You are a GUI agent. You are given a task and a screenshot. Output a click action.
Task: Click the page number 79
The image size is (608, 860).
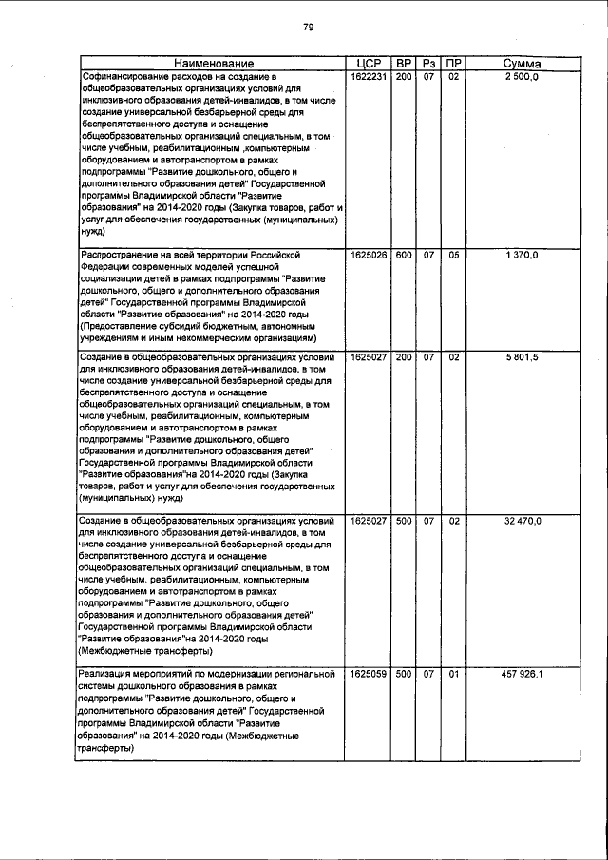(x=308, y=27)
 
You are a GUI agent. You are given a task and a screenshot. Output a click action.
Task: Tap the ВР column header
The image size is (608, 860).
(x=404, y=64)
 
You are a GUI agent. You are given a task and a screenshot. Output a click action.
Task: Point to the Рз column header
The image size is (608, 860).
(x=428, y=64)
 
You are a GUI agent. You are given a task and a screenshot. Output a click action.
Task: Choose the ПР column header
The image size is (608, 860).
(x=454, y=64)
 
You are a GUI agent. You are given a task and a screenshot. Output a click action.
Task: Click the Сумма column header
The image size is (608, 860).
(x=522, y=64)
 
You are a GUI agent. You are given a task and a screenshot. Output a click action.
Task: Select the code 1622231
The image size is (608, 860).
(x=368, y=76)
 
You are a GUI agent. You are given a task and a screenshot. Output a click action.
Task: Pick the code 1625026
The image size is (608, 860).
(x=368, y=256)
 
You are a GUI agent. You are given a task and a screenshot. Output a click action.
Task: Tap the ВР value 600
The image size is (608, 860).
(x=404, y=256)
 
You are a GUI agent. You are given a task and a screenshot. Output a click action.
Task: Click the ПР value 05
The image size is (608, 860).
(x=454, y=256)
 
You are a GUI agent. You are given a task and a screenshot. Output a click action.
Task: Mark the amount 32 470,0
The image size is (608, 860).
(x=522, y=521)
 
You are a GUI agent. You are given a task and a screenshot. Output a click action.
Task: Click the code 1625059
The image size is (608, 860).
(x=368, y=674)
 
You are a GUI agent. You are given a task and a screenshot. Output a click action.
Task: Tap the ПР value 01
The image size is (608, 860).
(x=454, y=674)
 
